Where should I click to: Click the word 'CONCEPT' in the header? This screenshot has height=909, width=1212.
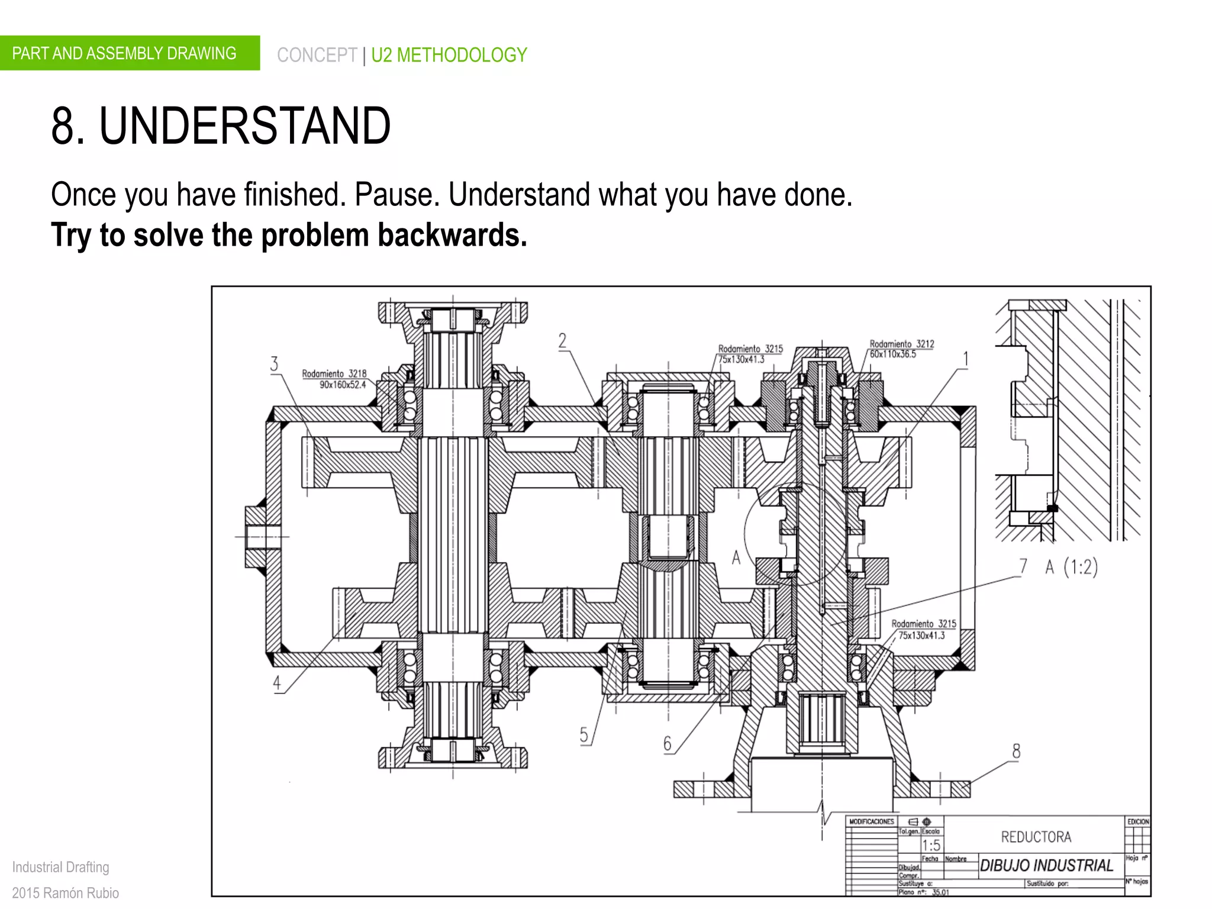pyautogui.click(x=317, y=55)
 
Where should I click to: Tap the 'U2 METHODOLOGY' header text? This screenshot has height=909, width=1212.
pyautogui.click(x=449, y=55)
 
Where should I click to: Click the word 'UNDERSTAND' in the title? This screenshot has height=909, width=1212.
pyautogui.click(x=244, y=125)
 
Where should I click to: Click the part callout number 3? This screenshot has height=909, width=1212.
pyautogui.click(x=274, y=363)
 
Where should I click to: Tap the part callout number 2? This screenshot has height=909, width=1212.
pyautogui.click(x=562, y=340)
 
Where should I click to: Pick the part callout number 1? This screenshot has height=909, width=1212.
pyautogui.click(x=966, y=359)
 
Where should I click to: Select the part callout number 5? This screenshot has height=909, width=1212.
pyautogui.click(x=584, y=734)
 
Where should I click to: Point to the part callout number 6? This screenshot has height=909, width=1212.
pyautogui.click(x=668, y=743)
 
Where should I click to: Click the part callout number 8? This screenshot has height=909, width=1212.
pyautogui.click(x=1016, y=751)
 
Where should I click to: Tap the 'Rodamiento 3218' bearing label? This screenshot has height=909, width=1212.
pyautogui.click(x=334, y=373)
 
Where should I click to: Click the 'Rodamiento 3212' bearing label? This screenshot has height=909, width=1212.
pyautogui.click(x=902, y=344)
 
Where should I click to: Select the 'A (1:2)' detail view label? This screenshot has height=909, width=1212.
pyautogui.click(x=1071, y=567)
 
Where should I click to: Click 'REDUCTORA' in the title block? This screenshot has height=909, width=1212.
pyautogui.click(x=1036, y=837)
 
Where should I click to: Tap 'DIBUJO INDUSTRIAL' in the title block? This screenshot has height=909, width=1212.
pyautogui.click(x=1046, y=865)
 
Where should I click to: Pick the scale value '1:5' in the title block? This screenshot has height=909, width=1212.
pyautogui.click(x=931, y=845)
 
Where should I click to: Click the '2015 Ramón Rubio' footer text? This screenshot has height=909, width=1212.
pyautogui.click(x=66, y=892)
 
